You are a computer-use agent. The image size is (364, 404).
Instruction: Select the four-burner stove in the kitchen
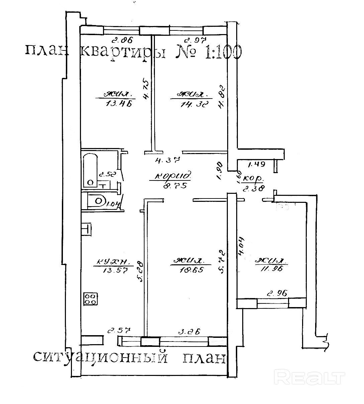click(x=91, y=298)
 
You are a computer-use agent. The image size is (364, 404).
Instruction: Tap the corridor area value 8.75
click(x=169, y=184)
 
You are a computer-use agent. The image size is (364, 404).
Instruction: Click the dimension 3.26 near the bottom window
click(x=189, y=332)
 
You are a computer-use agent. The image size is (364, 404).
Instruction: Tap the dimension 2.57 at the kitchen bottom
click(x=118, y=331)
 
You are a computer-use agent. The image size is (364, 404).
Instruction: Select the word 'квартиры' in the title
click(x=123, y=52)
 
